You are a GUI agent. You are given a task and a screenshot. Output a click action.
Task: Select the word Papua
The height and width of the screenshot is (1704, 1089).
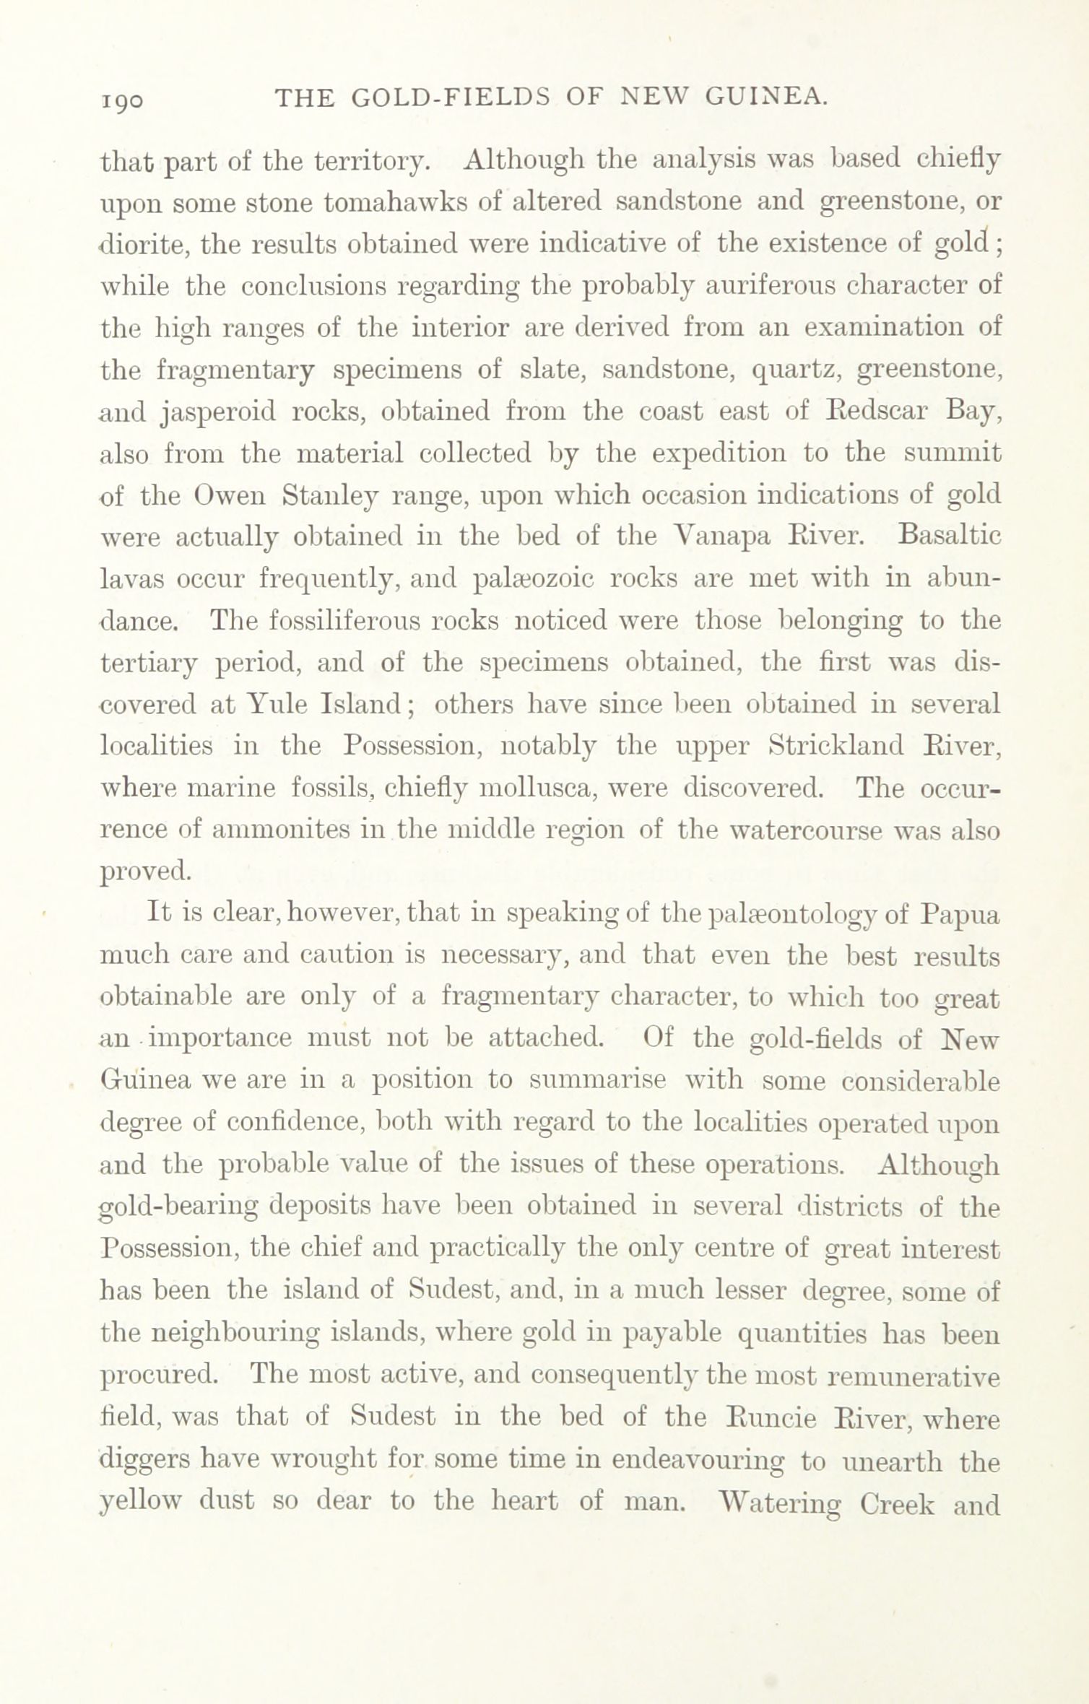(960, 916)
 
